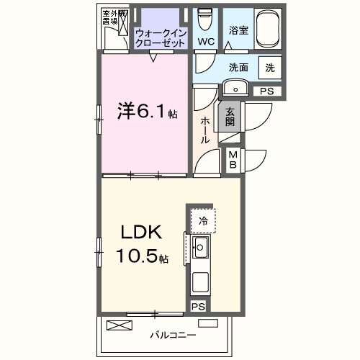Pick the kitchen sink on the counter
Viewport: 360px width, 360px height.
(x=199, y=250)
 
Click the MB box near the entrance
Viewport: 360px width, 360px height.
(x=234, y=159)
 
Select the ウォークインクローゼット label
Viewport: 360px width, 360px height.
(x=161, y=36)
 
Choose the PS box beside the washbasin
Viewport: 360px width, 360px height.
(x=267, y=91)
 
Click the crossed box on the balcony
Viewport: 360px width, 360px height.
(x=120, y=325)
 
